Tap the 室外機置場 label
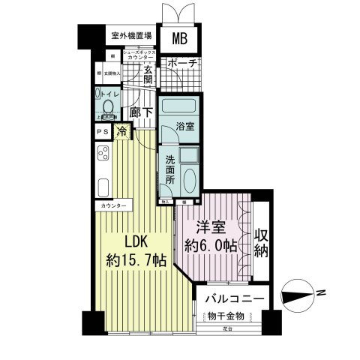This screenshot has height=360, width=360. click(131, 35)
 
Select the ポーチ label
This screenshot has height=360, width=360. click(182, 64)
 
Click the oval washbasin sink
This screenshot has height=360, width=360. click(189, 181)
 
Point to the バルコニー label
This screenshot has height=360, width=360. click(235, 298)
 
